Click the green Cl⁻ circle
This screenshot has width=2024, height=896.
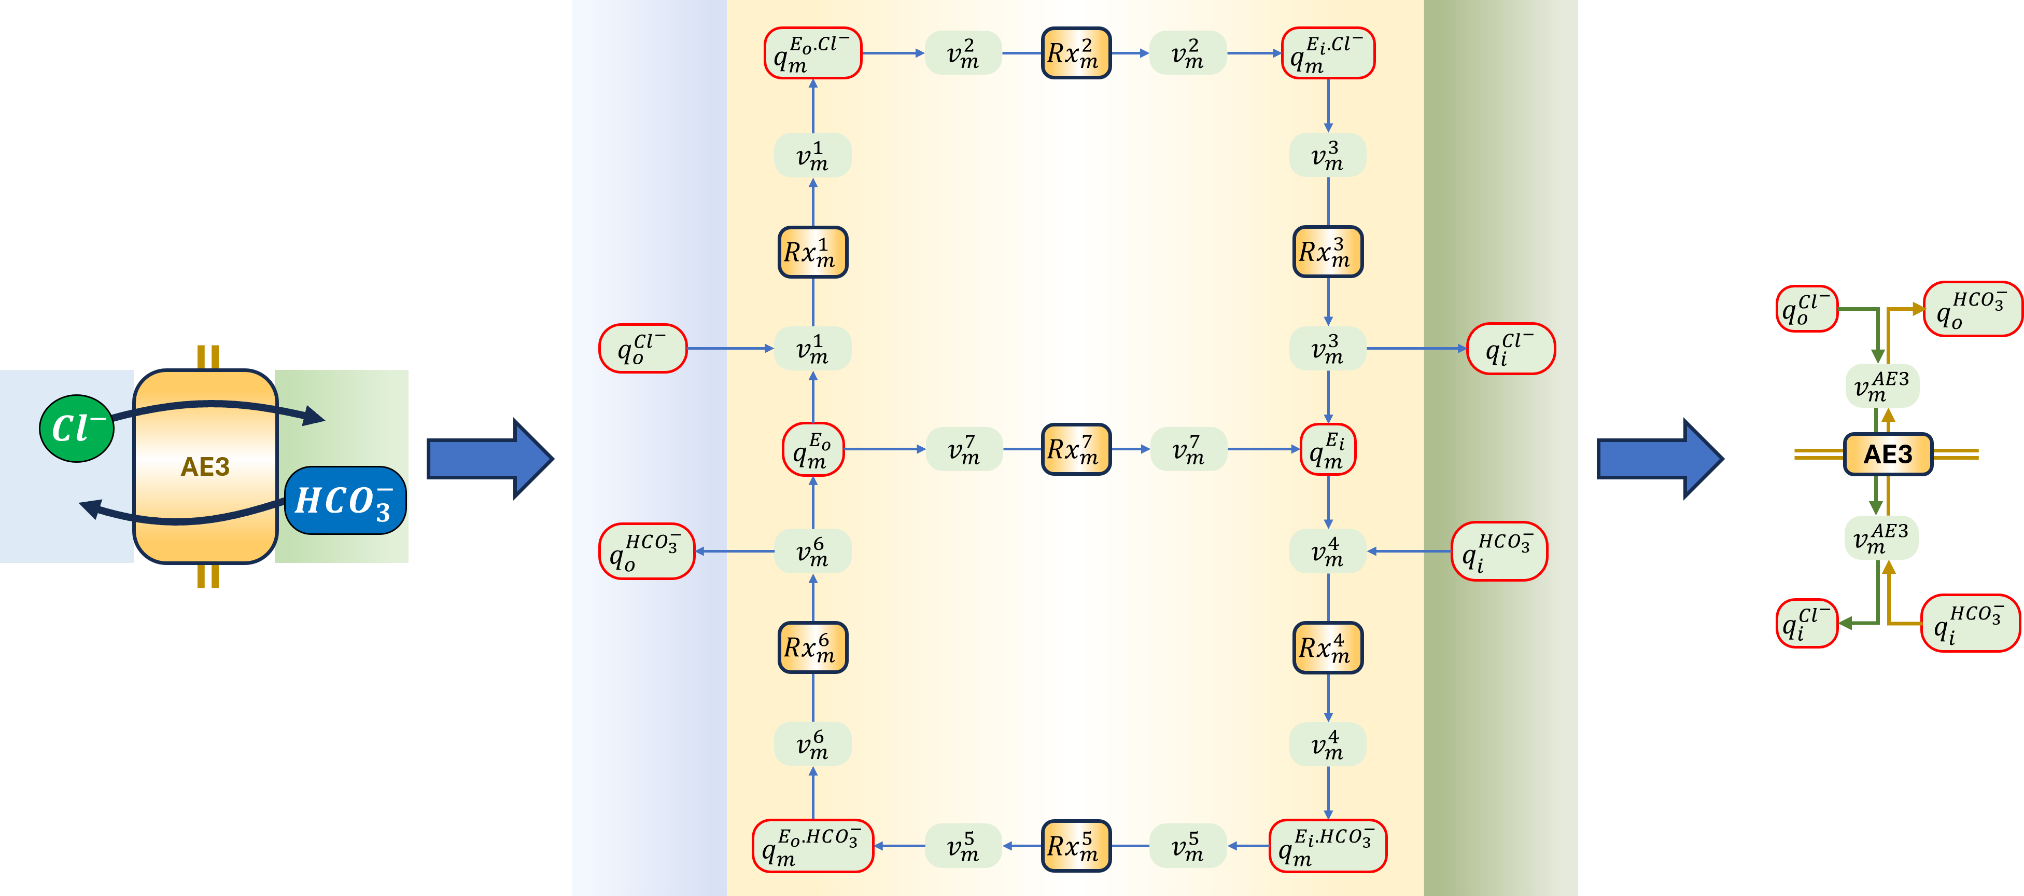[76, 429]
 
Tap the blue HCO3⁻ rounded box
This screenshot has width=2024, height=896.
[345, 501]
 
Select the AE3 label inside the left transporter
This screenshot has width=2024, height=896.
[205, 467]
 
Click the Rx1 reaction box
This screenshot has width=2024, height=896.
[812, 252]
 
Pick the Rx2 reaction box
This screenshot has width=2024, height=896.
[1076, 53]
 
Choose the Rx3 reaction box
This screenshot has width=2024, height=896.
[1328, 252]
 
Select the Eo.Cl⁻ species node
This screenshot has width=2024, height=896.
[812, 53]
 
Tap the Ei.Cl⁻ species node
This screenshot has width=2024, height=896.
[1328, 53]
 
